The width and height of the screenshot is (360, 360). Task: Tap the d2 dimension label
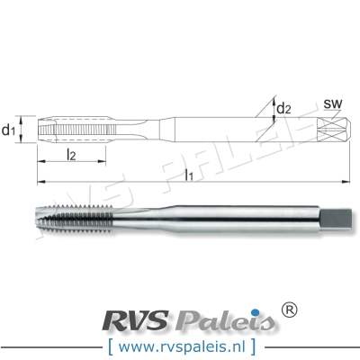click(x=284, y=109)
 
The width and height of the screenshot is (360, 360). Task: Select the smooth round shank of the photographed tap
click(x=243, y=219)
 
